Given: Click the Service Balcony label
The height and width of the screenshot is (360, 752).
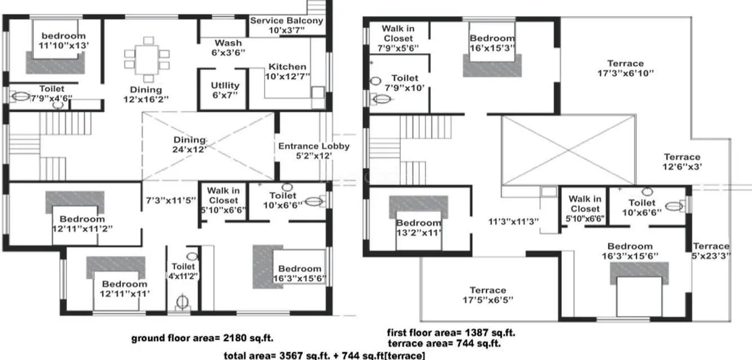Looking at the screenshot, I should click(287, 25).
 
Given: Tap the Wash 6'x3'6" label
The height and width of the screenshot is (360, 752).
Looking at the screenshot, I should click(229, 48).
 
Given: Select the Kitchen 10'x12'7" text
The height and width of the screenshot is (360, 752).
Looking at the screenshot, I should click(288, 71).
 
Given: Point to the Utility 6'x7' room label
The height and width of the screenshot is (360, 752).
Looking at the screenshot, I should click(225, 90).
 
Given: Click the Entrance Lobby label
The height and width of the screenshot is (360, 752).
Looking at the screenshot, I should click(314, 151).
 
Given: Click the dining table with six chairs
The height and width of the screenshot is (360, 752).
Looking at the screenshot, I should click(147, 58).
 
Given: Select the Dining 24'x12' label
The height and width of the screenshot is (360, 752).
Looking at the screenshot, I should click(190, 145).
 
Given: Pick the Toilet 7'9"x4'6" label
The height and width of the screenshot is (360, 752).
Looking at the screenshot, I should click(51, 93).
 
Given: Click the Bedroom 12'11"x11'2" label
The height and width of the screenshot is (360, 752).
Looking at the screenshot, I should click(82, 224).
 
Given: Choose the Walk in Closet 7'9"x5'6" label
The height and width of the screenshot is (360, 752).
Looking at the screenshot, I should click(398, 38).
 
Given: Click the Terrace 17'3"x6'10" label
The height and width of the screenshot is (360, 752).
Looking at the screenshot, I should click(625, 68).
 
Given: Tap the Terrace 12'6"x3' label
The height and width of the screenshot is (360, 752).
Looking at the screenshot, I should click(682, 162).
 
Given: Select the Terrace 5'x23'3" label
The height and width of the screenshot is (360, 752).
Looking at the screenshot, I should click(711, 251).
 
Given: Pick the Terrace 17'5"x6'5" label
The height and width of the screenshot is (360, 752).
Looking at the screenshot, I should click(488, 295).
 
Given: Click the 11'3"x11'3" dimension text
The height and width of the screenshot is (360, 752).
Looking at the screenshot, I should click(514, 221).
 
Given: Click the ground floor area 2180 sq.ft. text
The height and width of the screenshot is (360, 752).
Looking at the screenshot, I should click(202, 338).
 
